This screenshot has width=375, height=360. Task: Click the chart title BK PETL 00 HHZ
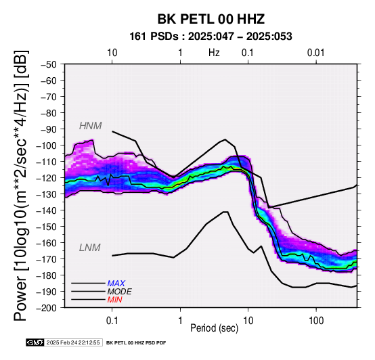point(211,19)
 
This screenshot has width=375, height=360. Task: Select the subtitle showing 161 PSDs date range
point(211,37)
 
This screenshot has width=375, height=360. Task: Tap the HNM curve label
point(91,126)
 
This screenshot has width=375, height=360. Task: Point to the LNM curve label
point(89,248)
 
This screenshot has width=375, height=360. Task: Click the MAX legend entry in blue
point(116,284)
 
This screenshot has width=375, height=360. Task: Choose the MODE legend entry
point(119,292)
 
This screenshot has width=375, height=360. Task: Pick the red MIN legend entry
point(114,300)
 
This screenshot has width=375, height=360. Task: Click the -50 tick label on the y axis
point(49,64)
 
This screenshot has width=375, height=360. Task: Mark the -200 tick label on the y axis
point(47,308)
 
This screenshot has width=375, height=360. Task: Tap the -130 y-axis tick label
point(47,194)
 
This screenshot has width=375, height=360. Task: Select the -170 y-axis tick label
point(47,259)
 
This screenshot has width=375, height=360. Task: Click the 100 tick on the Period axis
point(316,321)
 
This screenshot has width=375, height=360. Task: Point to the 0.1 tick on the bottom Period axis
point(112,321)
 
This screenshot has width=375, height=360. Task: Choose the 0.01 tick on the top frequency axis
point(316,53)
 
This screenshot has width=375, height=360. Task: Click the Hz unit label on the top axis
point(214,53)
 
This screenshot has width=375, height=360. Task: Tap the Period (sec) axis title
point(215,328)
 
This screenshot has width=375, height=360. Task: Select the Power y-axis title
point(21,185)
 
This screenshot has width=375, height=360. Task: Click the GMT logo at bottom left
point(35,342)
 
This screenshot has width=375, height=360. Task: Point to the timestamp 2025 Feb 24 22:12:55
point(73,342)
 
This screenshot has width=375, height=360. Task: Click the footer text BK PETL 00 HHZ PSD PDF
point(136,343)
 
